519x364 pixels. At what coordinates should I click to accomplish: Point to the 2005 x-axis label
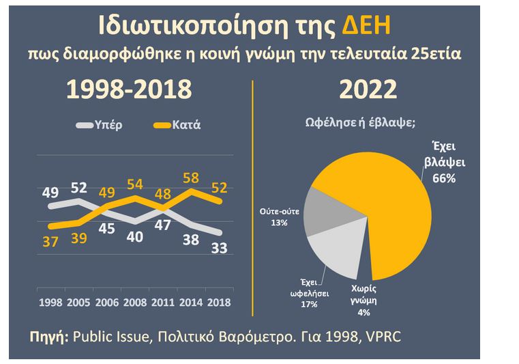coord(78,301)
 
